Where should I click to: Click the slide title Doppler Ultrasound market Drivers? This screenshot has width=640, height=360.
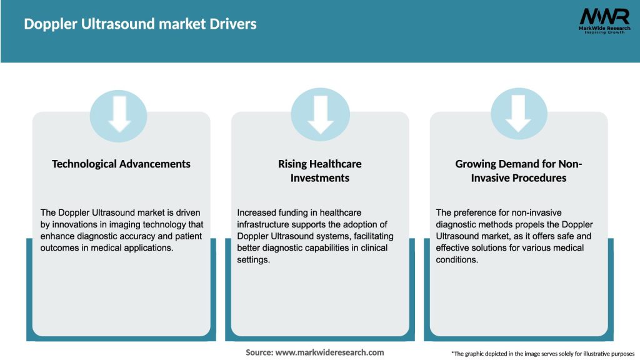coord(140,24)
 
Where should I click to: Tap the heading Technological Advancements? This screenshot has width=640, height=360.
coord(121,164)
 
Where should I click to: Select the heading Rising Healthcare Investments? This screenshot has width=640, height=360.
coord(320,171)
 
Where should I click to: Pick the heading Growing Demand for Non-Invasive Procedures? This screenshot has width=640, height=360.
coord(519,171)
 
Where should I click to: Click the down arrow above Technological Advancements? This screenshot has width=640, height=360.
coord(119,112)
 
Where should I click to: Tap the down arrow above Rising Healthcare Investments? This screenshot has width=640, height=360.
coord(320,112)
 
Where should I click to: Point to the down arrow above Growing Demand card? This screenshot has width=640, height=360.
coord(519,112)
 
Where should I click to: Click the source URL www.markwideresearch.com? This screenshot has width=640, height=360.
coord(329,352)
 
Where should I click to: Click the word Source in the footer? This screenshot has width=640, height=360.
coord(259,352)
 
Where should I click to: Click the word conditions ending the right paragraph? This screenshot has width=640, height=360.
coord(457,259)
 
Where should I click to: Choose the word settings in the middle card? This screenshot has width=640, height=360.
coord(252,259)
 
